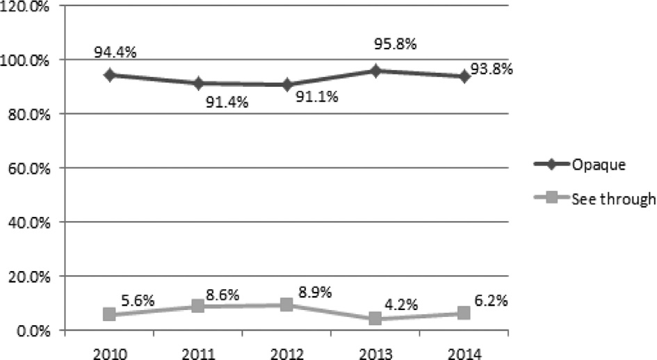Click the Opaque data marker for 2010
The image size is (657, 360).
(109, 74)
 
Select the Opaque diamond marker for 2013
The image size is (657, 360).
(375, 70)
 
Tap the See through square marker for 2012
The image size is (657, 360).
(286, 304)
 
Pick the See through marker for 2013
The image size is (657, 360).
(375, 319)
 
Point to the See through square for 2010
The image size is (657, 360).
(109, 314)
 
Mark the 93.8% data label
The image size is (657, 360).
(491, 68)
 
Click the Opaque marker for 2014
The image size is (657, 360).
(464, 76)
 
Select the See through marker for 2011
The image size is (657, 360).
(198, 306)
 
